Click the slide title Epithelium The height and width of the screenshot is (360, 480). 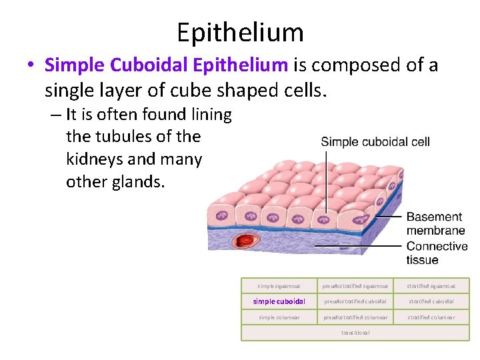(x=240, y=31)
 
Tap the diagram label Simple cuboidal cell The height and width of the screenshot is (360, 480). (x=375, y=141)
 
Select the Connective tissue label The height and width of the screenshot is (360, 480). (x=437, y=253)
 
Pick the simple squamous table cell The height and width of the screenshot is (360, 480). (x=279, y=286)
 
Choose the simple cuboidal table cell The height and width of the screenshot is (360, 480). (x=279, y=301)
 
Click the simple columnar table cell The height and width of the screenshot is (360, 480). (x=279, y=317)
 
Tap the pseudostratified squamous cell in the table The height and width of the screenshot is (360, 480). (x=355, y=286)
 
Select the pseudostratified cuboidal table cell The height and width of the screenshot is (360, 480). (x=355, y=301)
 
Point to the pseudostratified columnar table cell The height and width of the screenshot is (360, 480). (x=355, y=317)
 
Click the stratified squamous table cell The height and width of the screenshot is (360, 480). (x=431, y=286)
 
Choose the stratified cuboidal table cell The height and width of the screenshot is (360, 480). (x=431, y=301)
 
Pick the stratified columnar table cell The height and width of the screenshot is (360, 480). (x=431, y=317)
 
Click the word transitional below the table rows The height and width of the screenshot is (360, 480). (x=355, y=333)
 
